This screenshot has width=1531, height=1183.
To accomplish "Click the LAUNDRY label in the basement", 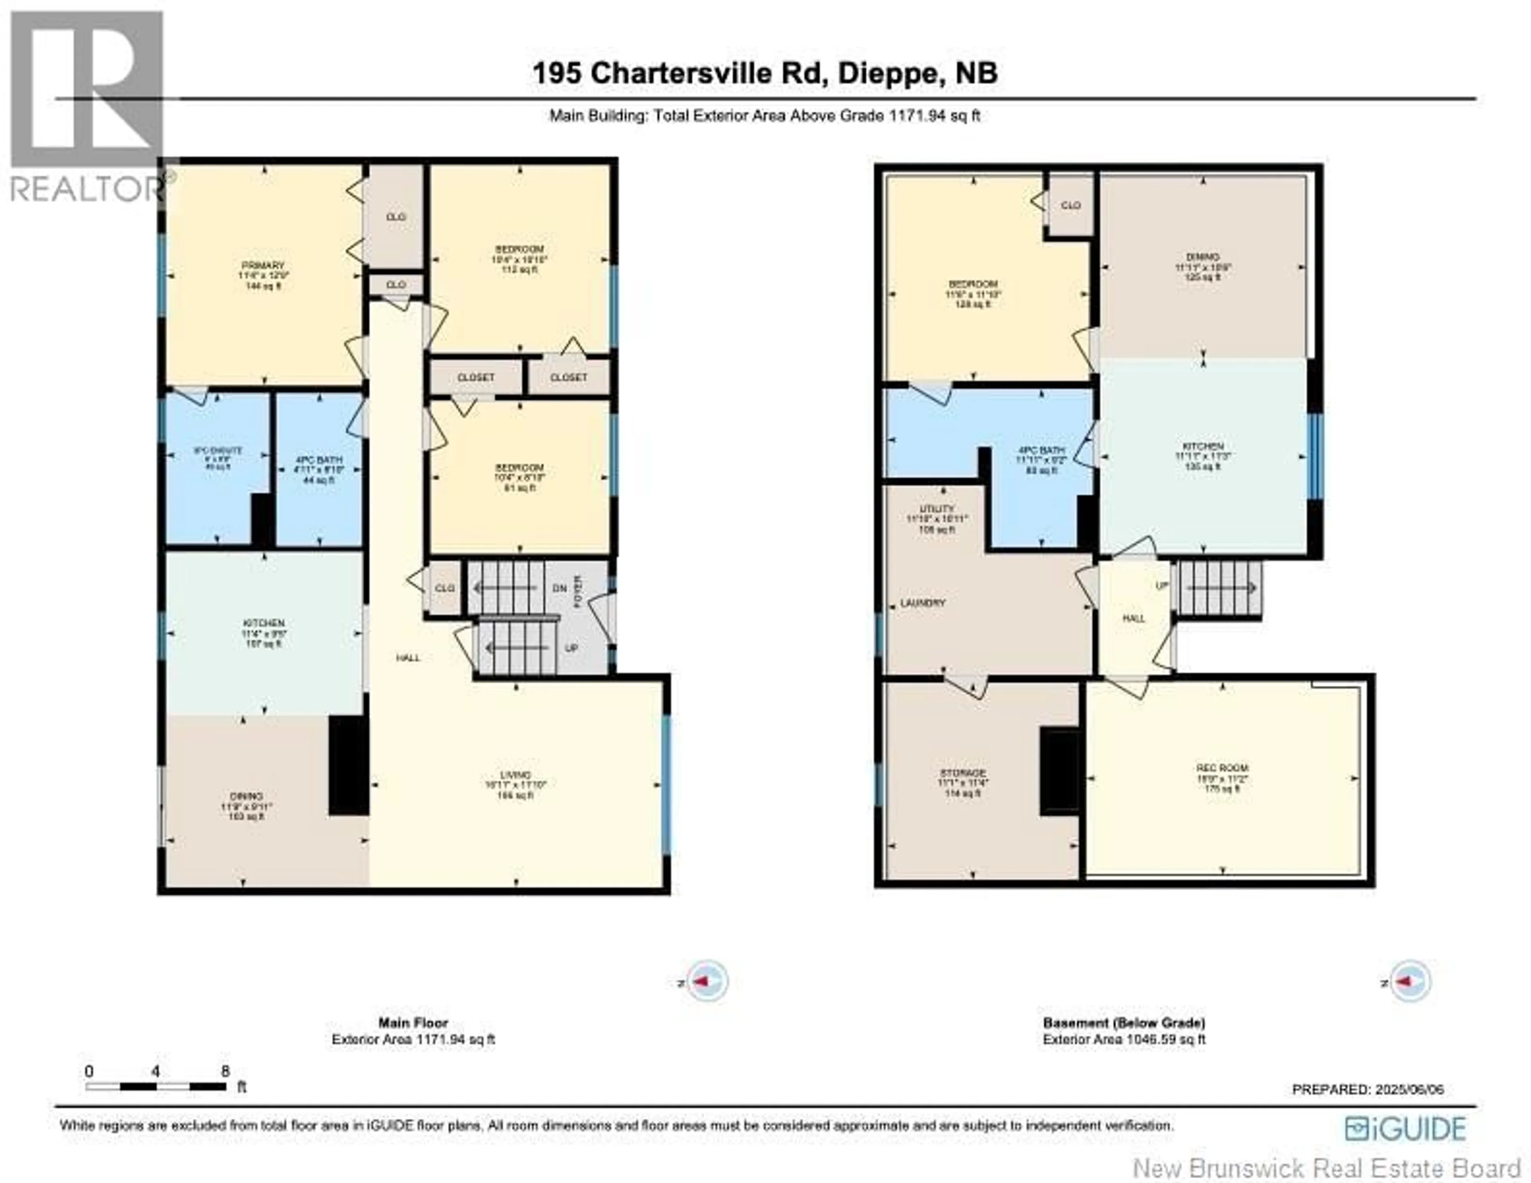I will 923,603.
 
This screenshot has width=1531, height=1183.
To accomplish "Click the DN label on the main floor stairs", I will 559,589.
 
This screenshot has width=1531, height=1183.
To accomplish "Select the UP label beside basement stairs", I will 1161,586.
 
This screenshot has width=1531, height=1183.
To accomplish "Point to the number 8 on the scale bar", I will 225,1071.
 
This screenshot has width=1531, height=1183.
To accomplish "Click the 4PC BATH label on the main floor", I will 319,461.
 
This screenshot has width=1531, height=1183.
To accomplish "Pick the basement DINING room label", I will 1203,257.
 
